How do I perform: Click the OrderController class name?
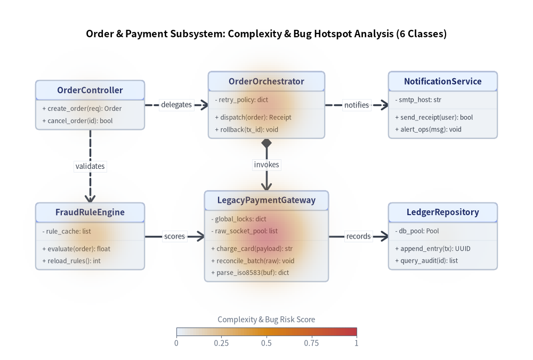[90, 90]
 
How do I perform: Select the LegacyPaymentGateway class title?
[266, 200]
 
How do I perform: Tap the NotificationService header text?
[442, 81]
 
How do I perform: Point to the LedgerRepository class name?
[442, 212]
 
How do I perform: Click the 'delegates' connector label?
[176, 104]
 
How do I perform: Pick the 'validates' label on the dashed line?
[90, 166]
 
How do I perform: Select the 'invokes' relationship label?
[266, 165]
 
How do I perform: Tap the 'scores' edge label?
[174, 236]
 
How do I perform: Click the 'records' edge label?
[358, 236]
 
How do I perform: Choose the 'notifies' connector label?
[356, 105]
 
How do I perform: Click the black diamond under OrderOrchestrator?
[266, 143]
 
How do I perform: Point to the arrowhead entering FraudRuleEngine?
[90, 199]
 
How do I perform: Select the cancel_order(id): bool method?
[77, 121]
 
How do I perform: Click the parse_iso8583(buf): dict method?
[250, 273]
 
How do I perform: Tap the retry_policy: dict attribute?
[241, 100]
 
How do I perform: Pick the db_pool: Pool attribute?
[417, 231]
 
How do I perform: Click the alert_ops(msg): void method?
[429, 129]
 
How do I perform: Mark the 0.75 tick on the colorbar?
[311, 343]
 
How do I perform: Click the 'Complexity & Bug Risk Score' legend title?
[266, 320]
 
